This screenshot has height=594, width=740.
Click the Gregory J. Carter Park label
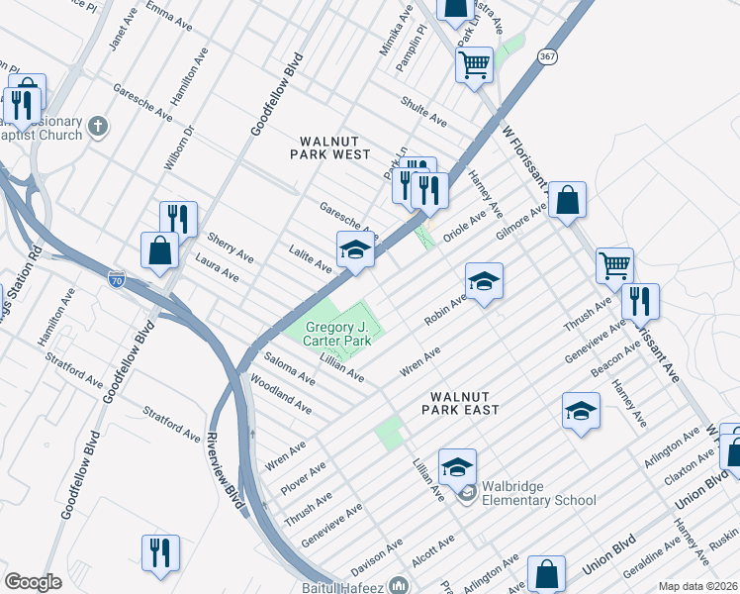(x=336, y=333)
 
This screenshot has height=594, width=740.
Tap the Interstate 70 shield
(x=117, y=279)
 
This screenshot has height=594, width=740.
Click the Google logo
(x=33, y=581)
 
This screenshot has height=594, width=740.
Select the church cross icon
(x=96, y=126)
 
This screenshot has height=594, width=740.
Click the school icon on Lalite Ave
(x=354, y=249)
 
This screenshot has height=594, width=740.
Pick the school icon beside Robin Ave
(x=484, y=282)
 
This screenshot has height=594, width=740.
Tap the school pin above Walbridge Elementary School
(x=457, y=467)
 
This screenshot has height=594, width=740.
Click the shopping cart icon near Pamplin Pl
(x=474, y=65)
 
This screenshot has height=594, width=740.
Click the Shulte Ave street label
(x=423, y=110)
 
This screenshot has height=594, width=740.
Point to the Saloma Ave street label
(x=289, y=365)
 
